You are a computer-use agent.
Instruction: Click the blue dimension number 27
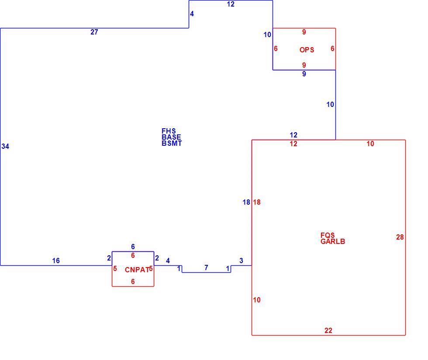(94, 32)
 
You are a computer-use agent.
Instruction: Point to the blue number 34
(5, 147)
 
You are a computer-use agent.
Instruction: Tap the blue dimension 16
(56, 261)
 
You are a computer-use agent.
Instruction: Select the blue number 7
(206, 268)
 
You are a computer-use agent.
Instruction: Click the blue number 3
(241, 261)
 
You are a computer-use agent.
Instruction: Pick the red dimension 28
(400, 237)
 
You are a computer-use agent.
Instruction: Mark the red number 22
(328, 331)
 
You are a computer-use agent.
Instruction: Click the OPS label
(307, 50)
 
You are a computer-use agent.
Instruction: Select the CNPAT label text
(137, 270)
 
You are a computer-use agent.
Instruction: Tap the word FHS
(169, 131)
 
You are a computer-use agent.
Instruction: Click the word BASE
(171, 137)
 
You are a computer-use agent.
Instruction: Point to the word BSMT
(172, 143)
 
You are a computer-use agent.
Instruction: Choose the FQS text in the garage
(328, 235)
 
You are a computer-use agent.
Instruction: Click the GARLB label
(333, 241)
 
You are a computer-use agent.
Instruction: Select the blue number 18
(246, 202)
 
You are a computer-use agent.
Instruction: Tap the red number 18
(257, 202)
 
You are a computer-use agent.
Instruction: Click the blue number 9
(304, 74)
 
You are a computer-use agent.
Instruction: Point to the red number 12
(293, 144)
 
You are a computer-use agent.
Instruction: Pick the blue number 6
(133, 247)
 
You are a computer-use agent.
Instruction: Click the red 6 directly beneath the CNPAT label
(133, 282)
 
